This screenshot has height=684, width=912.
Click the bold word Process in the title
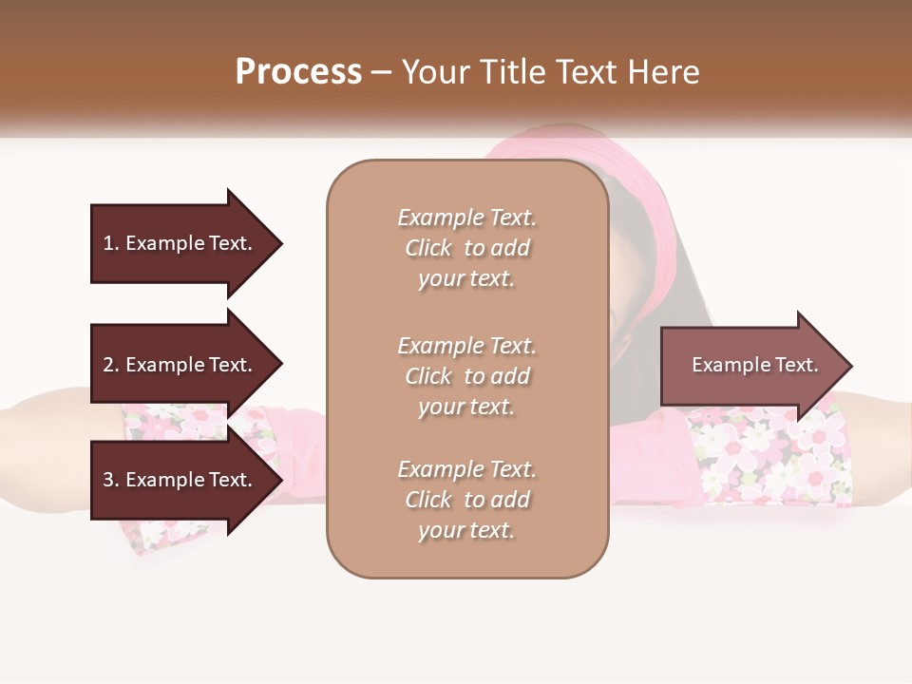click(x=298, y=72)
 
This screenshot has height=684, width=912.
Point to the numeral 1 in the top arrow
click(x=107, y=243)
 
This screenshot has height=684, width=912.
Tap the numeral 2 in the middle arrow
click(x=108, y=365)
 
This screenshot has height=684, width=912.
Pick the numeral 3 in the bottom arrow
click(x=108, y=480)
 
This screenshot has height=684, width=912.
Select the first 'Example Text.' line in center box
click(x=466, y=218)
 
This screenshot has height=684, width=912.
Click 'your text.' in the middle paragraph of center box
click(x=466, y=407)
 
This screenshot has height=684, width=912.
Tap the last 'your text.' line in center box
click(x=466, y=530)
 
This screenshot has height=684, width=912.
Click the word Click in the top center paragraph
click(x=428, y=248)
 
